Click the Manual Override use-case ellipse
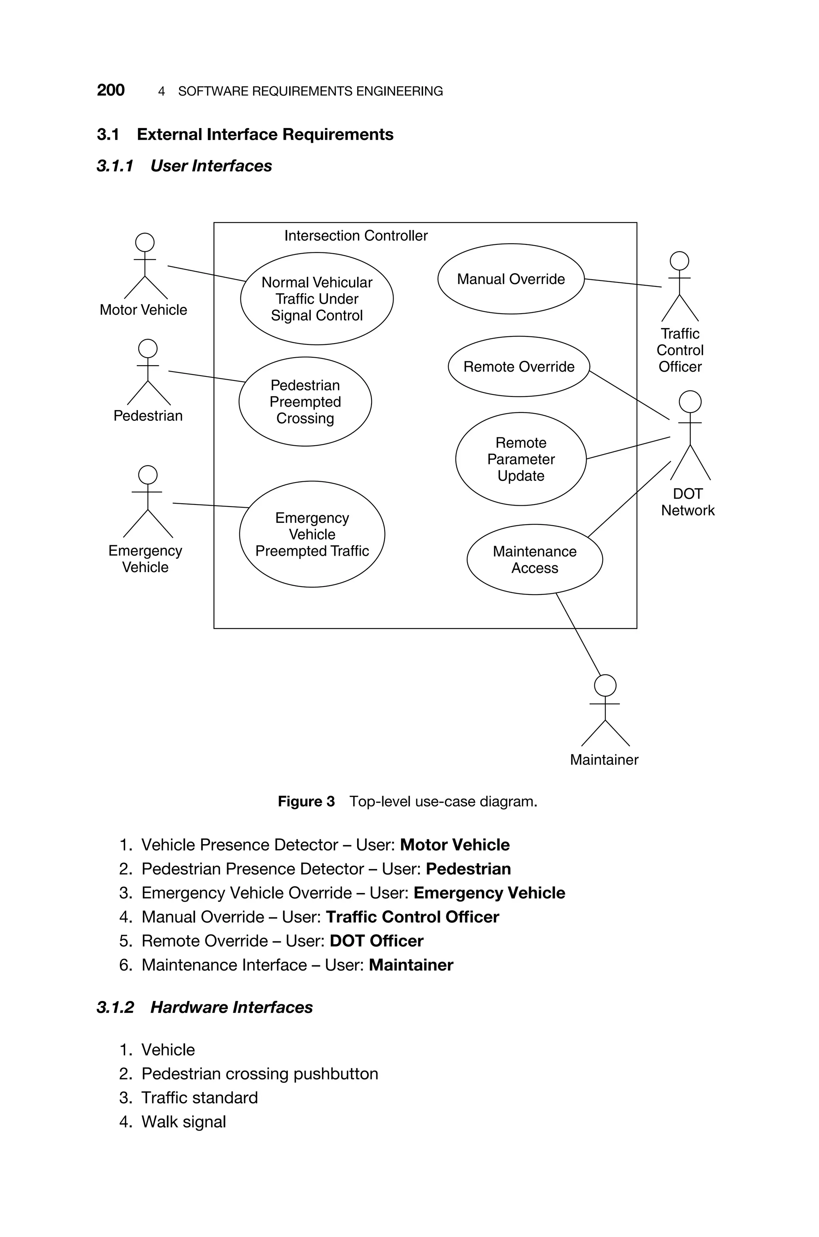tap(510, 279)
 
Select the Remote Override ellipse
tap(518, 367)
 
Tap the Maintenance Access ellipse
tap(534, 559)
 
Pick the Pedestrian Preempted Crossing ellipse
tap(305, 402)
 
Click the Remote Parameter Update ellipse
tap(520, 459)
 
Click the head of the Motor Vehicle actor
tap(145, 242)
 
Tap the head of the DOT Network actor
tap(689, 402)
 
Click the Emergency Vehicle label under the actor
tap(145, 559)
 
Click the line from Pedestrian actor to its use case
tap(206, 376)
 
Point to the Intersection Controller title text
tap(356, 236)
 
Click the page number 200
tap(111, 90)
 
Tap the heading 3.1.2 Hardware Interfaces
tap(205, 1007)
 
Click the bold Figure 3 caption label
tap(306, 801)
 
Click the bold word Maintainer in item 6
tap(411, 965)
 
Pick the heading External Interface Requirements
tap(265, 135)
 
